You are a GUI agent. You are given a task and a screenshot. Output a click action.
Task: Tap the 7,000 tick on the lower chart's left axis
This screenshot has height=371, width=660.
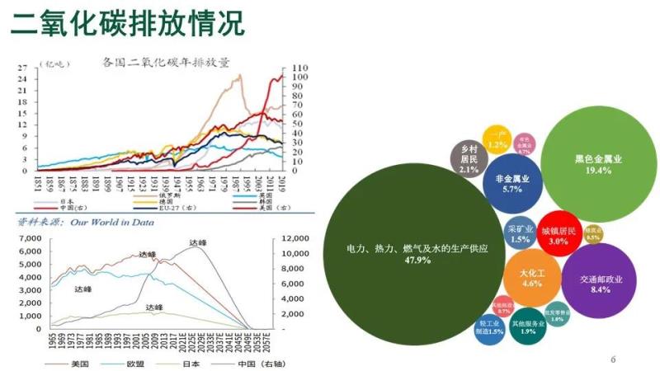coord(28,238)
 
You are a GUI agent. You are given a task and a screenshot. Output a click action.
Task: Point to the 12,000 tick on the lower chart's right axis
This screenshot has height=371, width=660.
coord(295,238)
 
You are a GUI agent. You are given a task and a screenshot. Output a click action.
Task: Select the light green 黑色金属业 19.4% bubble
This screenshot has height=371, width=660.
coord(598,164)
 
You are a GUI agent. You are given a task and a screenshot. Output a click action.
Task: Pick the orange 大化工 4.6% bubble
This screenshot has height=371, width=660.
coord(531,276)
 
